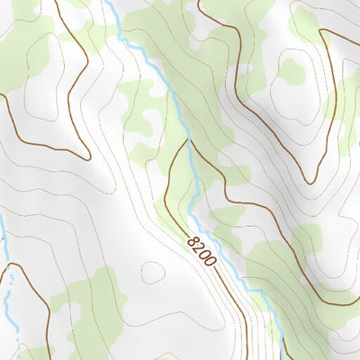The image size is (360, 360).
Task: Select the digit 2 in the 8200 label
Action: (x=201, y=248)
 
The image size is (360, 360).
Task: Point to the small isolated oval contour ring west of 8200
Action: (x=154, y=271)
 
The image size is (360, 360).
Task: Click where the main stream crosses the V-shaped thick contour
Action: (x=188, y=142)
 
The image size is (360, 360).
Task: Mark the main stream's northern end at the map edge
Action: (x=106, y=2)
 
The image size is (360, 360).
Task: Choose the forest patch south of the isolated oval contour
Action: (x=90, y=306)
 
